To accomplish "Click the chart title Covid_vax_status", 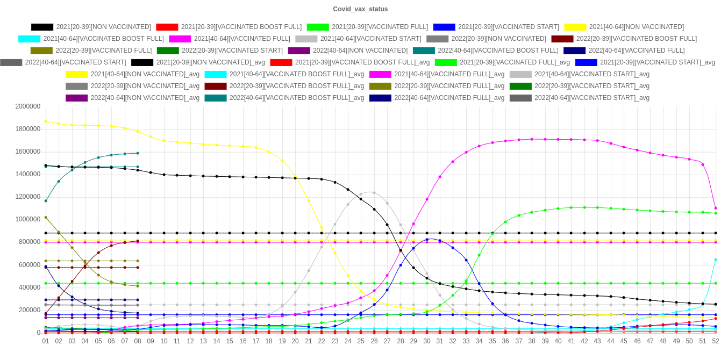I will pos(360,9).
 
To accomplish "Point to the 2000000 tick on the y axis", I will pos(28,106).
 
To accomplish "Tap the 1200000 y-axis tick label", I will pos(28,197).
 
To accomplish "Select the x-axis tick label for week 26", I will pos(374,341).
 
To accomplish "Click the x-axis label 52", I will pos(716,341).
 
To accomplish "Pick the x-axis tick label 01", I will pos(46,341).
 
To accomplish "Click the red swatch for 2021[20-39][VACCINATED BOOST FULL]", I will pos(167,27).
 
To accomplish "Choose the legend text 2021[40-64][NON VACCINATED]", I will pos(636,27).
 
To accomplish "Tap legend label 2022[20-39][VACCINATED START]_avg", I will pos(591,86).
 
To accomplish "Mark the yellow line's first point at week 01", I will pos(46,121).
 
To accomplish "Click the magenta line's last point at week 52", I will pos(716,208).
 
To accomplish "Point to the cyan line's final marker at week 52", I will pos(716,260).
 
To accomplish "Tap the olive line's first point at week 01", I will pos(46,218).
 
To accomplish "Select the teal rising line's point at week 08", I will pos(138,153).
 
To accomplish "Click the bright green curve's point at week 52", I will pos(716,213).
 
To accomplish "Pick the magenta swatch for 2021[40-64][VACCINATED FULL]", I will pos(180,39).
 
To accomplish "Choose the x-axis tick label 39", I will pos(545,341).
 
